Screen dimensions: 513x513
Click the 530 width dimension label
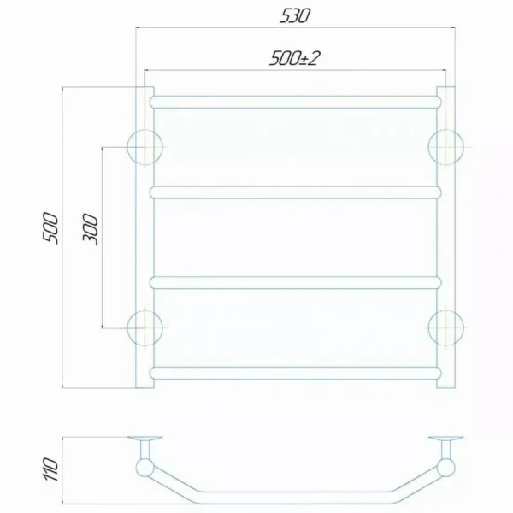point(294,16)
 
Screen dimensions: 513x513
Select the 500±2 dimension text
point(293,58)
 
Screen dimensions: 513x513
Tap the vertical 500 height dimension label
point(50,228)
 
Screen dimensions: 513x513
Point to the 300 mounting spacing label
point(91,229)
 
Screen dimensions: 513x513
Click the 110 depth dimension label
point(50,469)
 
